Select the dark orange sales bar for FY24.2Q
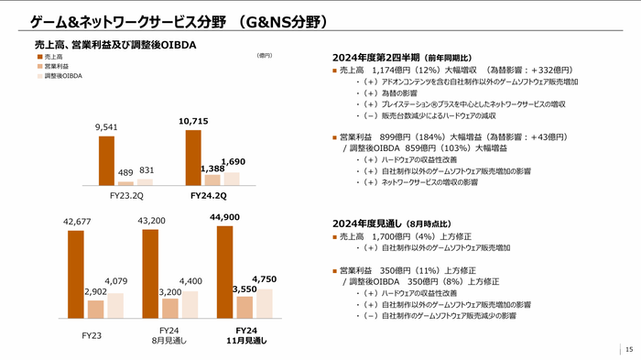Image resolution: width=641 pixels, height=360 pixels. click(192, 157)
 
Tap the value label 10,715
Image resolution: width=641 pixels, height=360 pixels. click(194, 121)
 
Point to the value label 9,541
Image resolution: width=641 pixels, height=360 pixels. click(106, 127)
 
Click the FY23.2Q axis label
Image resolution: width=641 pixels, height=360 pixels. click(125, 195)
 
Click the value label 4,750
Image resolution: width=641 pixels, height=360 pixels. click(263, 278)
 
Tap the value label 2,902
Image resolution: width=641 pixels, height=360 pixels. click(95, 290)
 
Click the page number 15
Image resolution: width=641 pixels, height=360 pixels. click(628, 349)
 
